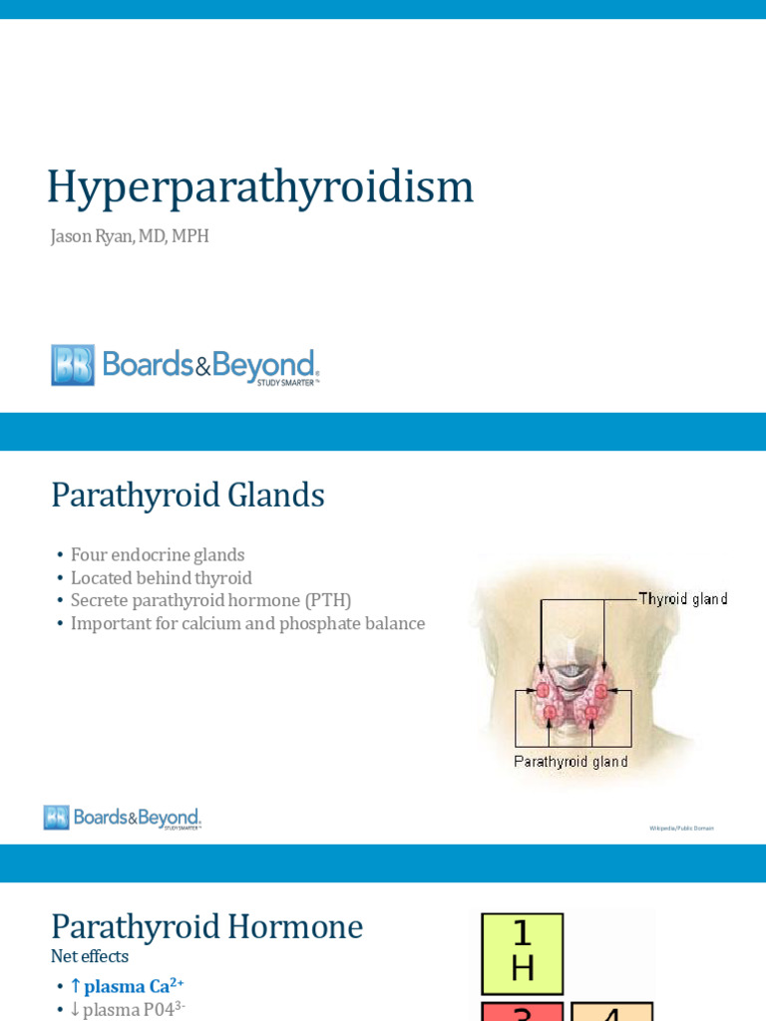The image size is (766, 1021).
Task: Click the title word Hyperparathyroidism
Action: [x=260, y=186]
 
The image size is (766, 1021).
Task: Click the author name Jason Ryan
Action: [x=96, y=236]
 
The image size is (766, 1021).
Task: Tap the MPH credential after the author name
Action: [x=190, y=236]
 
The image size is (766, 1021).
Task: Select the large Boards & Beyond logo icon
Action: [x=73, y=365]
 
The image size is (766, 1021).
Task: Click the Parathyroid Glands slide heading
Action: [x=188, y=495]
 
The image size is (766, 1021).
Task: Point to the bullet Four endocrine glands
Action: [x=158, y=554]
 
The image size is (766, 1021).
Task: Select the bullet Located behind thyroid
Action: [x=161, y=577]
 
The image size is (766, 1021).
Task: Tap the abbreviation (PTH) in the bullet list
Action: [x=329, y=600]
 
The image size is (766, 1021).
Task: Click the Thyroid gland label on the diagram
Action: [x=683, y=599]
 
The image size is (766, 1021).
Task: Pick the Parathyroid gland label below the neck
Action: [x=571, y=762]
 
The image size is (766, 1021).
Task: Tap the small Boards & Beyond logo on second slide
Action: [x=122, y=818]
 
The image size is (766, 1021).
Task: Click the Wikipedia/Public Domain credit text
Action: [x=681, y=828]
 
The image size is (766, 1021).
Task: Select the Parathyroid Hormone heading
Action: [x=206, y=926]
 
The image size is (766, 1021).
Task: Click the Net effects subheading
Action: [x=90, y=956]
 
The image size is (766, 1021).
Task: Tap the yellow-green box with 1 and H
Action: [x=523, y=953]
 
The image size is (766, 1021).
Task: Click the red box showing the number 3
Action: [x=523, y=1011]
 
